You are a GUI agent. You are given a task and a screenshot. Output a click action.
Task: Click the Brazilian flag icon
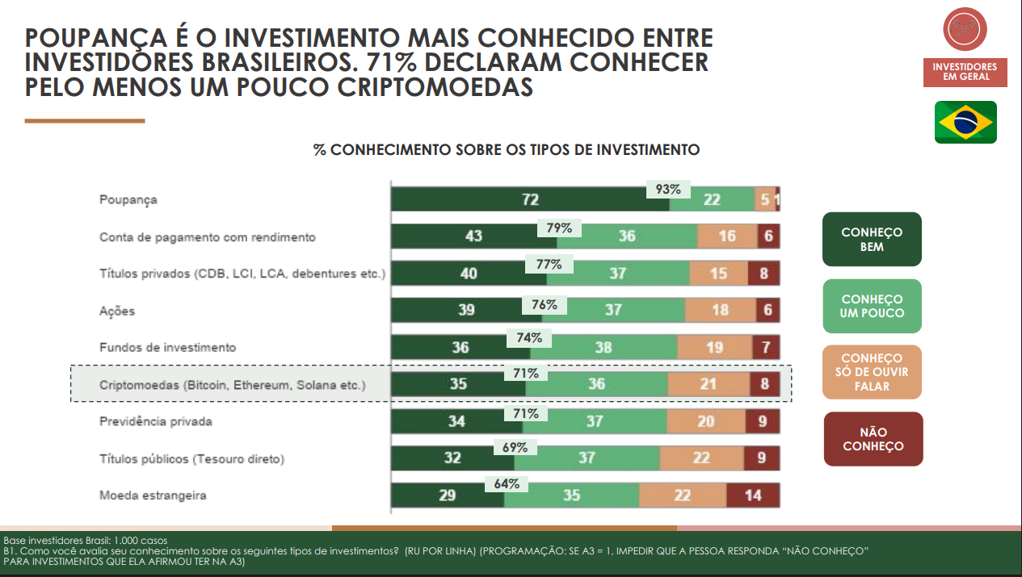(x=965, y=122)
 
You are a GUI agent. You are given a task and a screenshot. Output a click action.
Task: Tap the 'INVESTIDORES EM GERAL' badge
(x=965, y=72)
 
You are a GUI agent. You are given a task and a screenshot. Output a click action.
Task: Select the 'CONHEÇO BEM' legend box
(x=872, y=240)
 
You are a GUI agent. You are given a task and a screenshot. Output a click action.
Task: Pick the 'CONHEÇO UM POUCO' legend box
(x=872, y=306)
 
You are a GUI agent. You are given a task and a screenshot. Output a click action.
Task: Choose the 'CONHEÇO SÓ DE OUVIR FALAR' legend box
(x=872, y=372)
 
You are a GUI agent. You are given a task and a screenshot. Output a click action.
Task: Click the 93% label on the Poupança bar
(x=667, y=190)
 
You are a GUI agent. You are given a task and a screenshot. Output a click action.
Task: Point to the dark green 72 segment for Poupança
(x=529, y=200)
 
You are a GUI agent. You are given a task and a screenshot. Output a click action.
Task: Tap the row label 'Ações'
(x=117, y=311)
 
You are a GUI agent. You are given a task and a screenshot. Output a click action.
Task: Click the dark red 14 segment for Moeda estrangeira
(x=753, y=495)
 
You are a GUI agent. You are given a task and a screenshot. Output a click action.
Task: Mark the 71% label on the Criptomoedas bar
(x=525, y=373)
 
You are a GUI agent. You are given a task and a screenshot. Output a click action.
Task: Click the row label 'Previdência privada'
(x=156, y=421)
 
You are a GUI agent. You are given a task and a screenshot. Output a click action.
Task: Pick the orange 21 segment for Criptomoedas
(x=708, y=384)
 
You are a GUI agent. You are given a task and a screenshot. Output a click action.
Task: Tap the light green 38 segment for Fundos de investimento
(x=604, y=348)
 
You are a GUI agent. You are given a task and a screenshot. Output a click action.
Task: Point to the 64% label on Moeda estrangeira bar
(x=507, y=484)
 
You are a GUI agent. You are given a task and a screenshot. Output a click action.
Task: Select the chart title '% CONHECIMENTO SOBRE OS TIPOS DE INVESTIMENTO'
(x=506, y=150)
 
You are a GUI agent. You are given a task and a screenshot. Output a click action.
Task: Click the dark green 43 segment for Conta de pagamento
(x=473, y=236)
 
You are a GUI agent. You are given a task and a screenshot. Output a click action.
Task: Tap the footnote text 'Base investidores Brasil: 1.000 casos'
(x=86, y=540)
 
